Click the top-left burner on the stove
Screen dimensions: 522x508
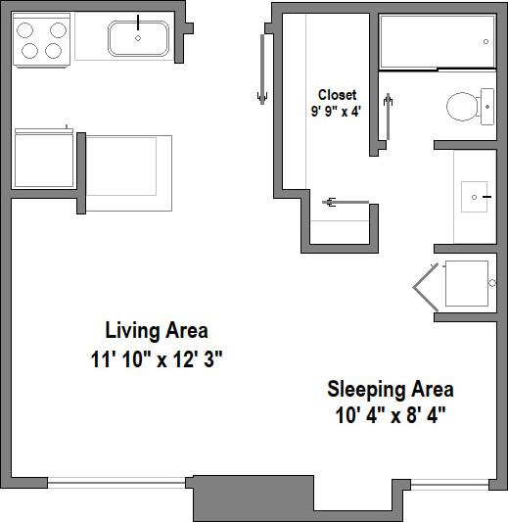pos(27,29)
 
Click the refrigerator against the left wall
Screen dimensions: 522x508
pos(41,160)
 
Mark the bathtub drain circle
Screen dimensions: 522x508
pos(487,41)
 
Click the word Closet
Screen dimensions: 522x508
pos(337,95)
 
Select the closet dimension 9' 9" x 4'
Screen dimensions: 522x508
pos(337,111)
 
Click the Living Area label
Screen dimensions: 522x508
pos(157,330)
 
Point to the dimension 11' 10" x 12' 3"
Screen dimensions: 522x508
pos(157,358)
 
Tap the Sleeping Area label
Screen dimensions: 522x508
pos(390,389)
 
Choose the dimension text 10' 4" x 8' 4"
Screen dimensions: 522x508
pos(390,414)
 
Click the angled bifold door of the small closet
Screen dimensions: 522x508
pos(426,284)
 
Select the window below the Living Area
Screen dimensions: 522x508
pos(118,481)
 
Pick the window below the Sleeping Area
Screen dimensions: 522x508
pos(450,483)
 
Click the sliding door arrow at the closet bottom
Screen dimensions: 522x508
pos(332,203)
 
